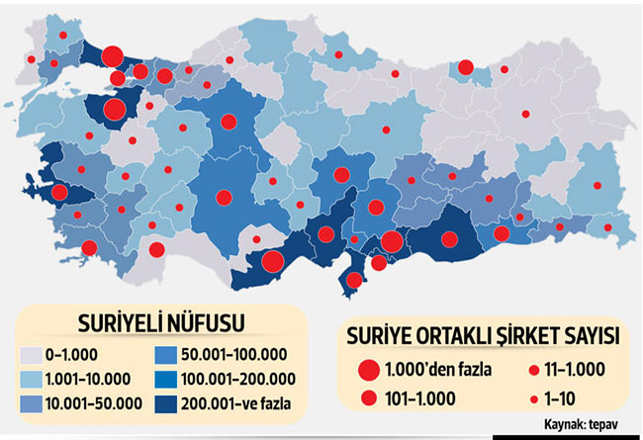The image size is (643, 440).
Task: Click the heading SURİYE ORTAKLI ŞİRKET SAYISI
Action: (481, 335)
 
